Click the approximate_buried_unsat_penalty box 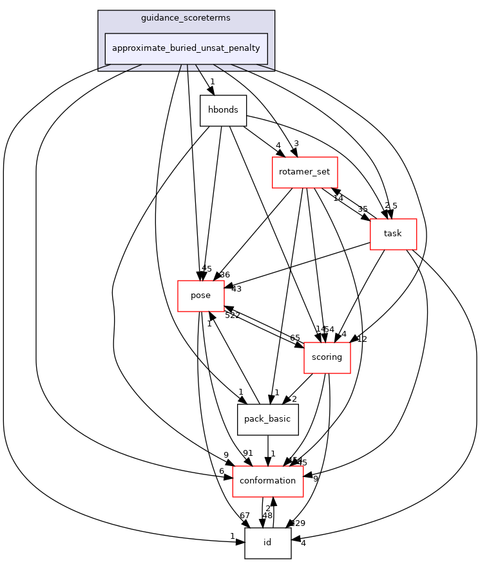pos(186,48)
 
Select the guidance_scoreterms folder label pos(186,17)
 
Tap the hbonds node pos(223,110)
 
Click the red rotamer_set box pos(305,173)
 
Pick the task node pos(392,234)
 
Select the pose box pos(200,295)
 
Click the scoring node pos(327,357)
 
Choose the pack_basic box pos(267,420)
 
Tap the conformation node pos(267,481)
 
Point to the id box pos(267,543)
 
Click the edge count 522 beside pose pos(232,315)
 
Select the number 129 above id pos(297,523)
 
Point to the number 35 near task pos(363,209)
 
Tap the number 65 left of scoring pos(294,338)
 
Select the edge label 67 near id pos(244,516)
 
